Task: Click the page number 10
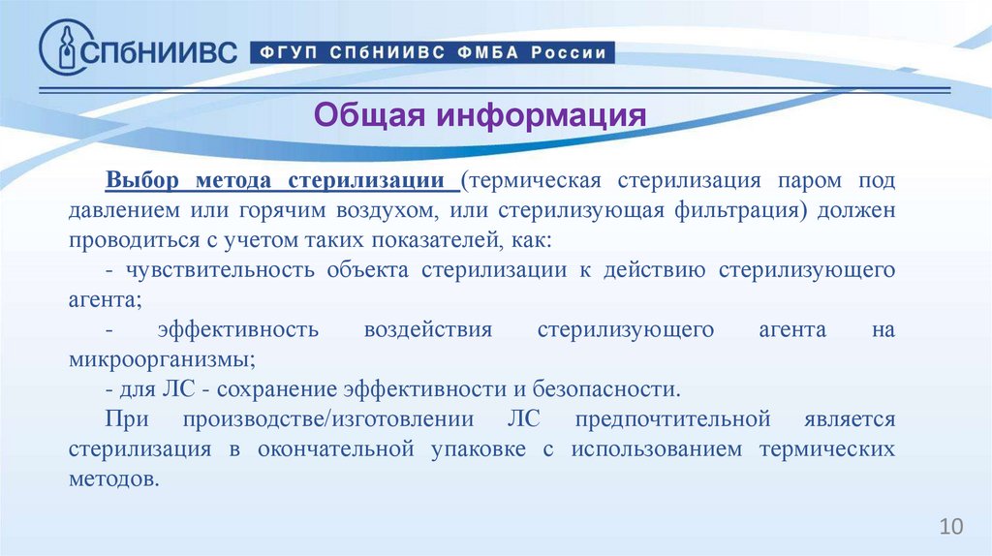coord(951,526)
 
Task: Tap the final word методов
coord(112,479)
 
